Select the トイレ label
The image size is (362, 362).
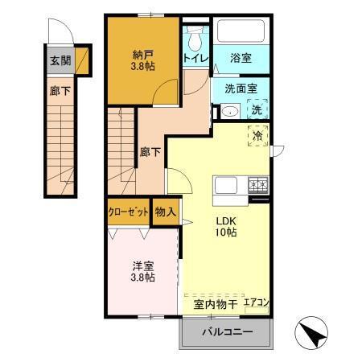(x=194, y=59)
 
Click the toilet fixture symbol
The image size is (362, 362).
(x=194, y=39)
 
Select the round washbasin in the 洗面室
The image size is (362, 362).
(x=227, y=111)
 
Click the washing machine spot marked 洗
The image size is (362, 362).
(x=256, y=109)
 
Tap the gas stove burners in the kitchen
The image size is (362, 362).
(x=257, y=186)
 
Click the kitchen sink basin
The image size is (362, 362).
(x=225, y=186)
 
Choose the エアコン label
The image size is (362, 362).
(x=257, y=303)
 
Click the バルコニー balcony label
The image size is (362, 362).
(x=227, y=332)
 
